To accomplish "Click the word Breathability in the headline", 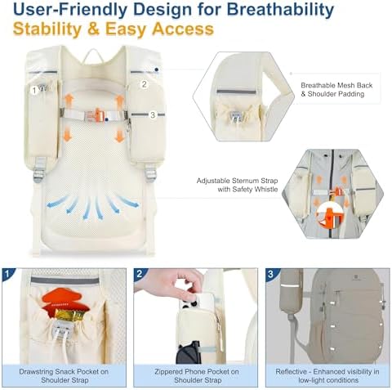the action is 280,10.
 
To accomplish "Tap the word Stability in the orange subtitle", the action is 47,29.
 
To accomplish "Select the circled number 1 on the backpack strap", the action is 34,90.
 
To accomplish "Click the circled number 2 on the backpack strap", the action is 145,84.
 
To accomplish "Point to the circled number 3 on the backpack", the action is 153,115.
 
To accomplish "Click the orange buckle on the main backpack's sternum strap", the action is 97,115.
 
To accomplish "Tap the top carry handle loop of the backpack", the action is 93,55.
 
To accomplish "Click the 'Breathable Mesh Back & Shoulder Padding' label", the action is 336,90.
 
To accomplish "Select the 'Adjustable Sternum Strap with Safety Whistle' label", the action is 237,185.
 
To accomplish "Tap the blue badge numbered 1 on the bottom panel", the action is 7,274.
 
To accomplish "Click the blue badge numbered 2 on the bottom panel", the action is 140,274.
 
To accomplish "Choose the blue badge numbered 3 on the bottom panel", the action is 271,274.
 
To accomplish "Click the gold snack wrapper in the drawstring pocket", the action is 69,315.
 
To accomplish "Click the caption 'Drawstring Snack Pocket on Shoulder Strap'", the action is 64,376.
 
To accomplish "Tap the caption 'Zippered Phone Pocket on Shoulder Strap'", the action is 196,376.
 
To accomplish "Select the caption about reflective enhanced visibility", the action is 327,376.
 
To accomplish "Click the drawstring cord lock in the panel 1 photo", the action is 61,329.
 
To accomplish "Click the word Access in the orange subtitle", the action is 183,29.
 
